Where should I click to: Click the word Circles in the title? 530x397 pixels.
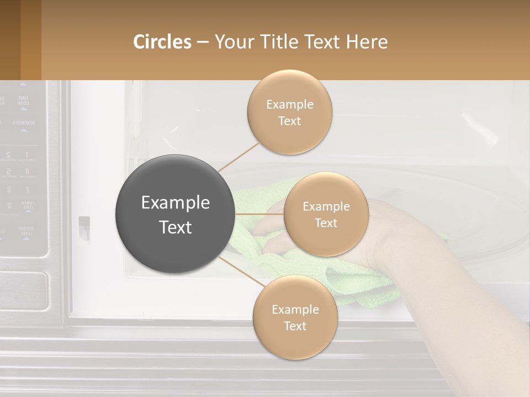[162, 42]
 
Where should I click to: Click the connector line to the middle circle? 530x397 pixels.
[259, 214]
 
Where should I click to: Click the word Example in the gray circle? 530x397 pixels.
[175, 203]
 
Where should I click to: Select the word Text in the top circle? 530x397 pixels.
[290, 121]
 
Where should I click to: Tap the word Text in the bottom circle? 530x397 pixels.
[295, 326]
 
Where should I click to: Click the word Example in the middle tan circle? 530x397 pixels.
[326, 207]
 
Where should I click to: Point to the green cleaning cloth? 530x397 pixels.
[353, 287]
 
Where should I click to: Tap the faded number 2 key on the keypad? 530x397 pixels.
[8, 155]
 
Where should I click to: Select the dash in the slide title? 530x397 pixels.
[203, 42]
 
